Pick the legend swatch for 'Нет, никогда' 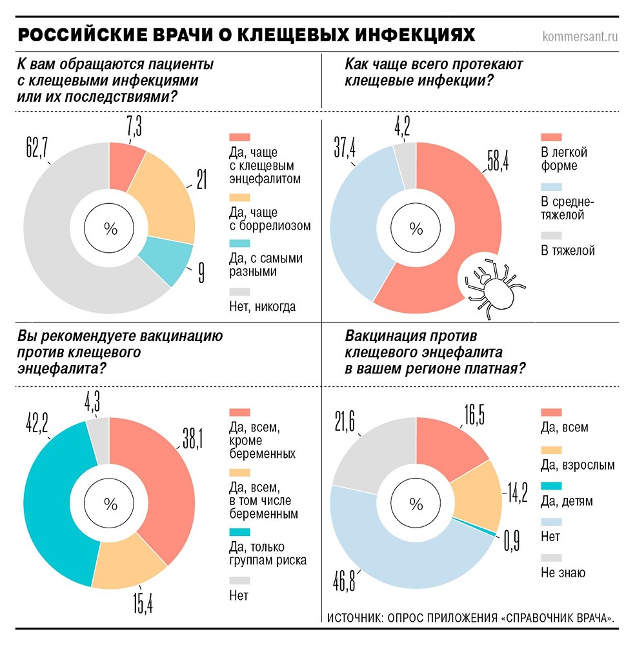(x=239, y=291)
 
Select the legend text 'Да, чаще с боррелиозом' (x=270, y=219)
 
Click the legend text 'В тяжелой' (x=567, y=250)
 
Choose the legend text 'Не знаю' (x=563, y=571)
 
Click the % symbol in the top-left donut (x=110, y=228)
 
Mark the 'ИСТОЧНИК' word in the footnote (x=354, y=617)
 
